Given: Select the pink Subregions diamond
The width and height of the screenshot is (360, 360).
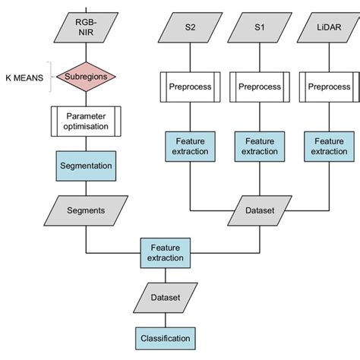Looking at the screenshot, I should coord(86,76).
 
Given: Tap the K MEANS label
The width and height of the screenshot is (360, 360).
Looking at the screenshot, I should coord(26,76).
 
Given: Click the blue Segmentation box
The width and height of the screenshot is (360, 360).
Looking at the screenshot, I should coord(86,165).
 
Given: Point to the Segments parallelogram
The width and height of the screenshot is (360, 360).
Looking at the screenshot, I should coord(86,209).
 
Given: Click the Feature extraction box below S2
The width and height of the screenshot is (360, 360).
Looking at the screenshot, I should coord(189,147).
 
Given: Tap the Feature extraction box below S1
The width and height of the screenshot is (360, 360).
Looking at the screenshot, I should coord(259,147).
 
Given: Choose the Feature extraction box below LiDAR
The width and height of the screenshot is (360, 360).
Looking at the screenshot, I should coord(328,147).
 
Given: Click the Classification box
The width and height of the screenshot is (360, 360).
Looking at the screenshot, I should coord(166,337).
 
